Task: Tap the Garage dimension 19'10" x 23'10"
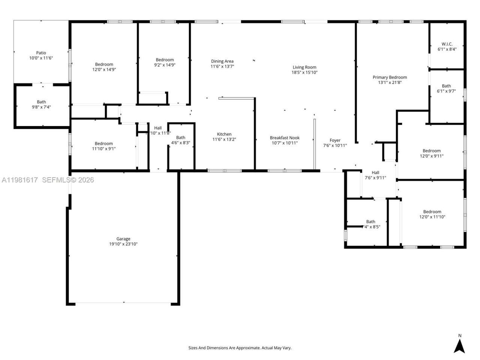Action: (x=123, y=244)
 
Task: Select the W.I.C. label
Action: (x=447, y=44)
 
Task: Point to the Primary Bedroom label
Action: (x=390, y=77)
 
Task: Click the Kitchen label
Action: (x=224, y=134)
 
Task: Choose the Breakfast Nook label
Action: (x=285, y=138)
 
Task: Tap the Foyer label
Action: (x=335, y=140)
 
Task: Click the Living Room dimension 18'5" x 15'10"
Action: (x=304, y=72)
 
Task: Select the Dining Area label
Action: (x=222, y=61)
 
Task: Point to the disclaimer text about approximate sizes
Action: (x=240, y=348)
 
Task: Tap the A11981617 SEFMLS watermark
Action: (x=47, y=180)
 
